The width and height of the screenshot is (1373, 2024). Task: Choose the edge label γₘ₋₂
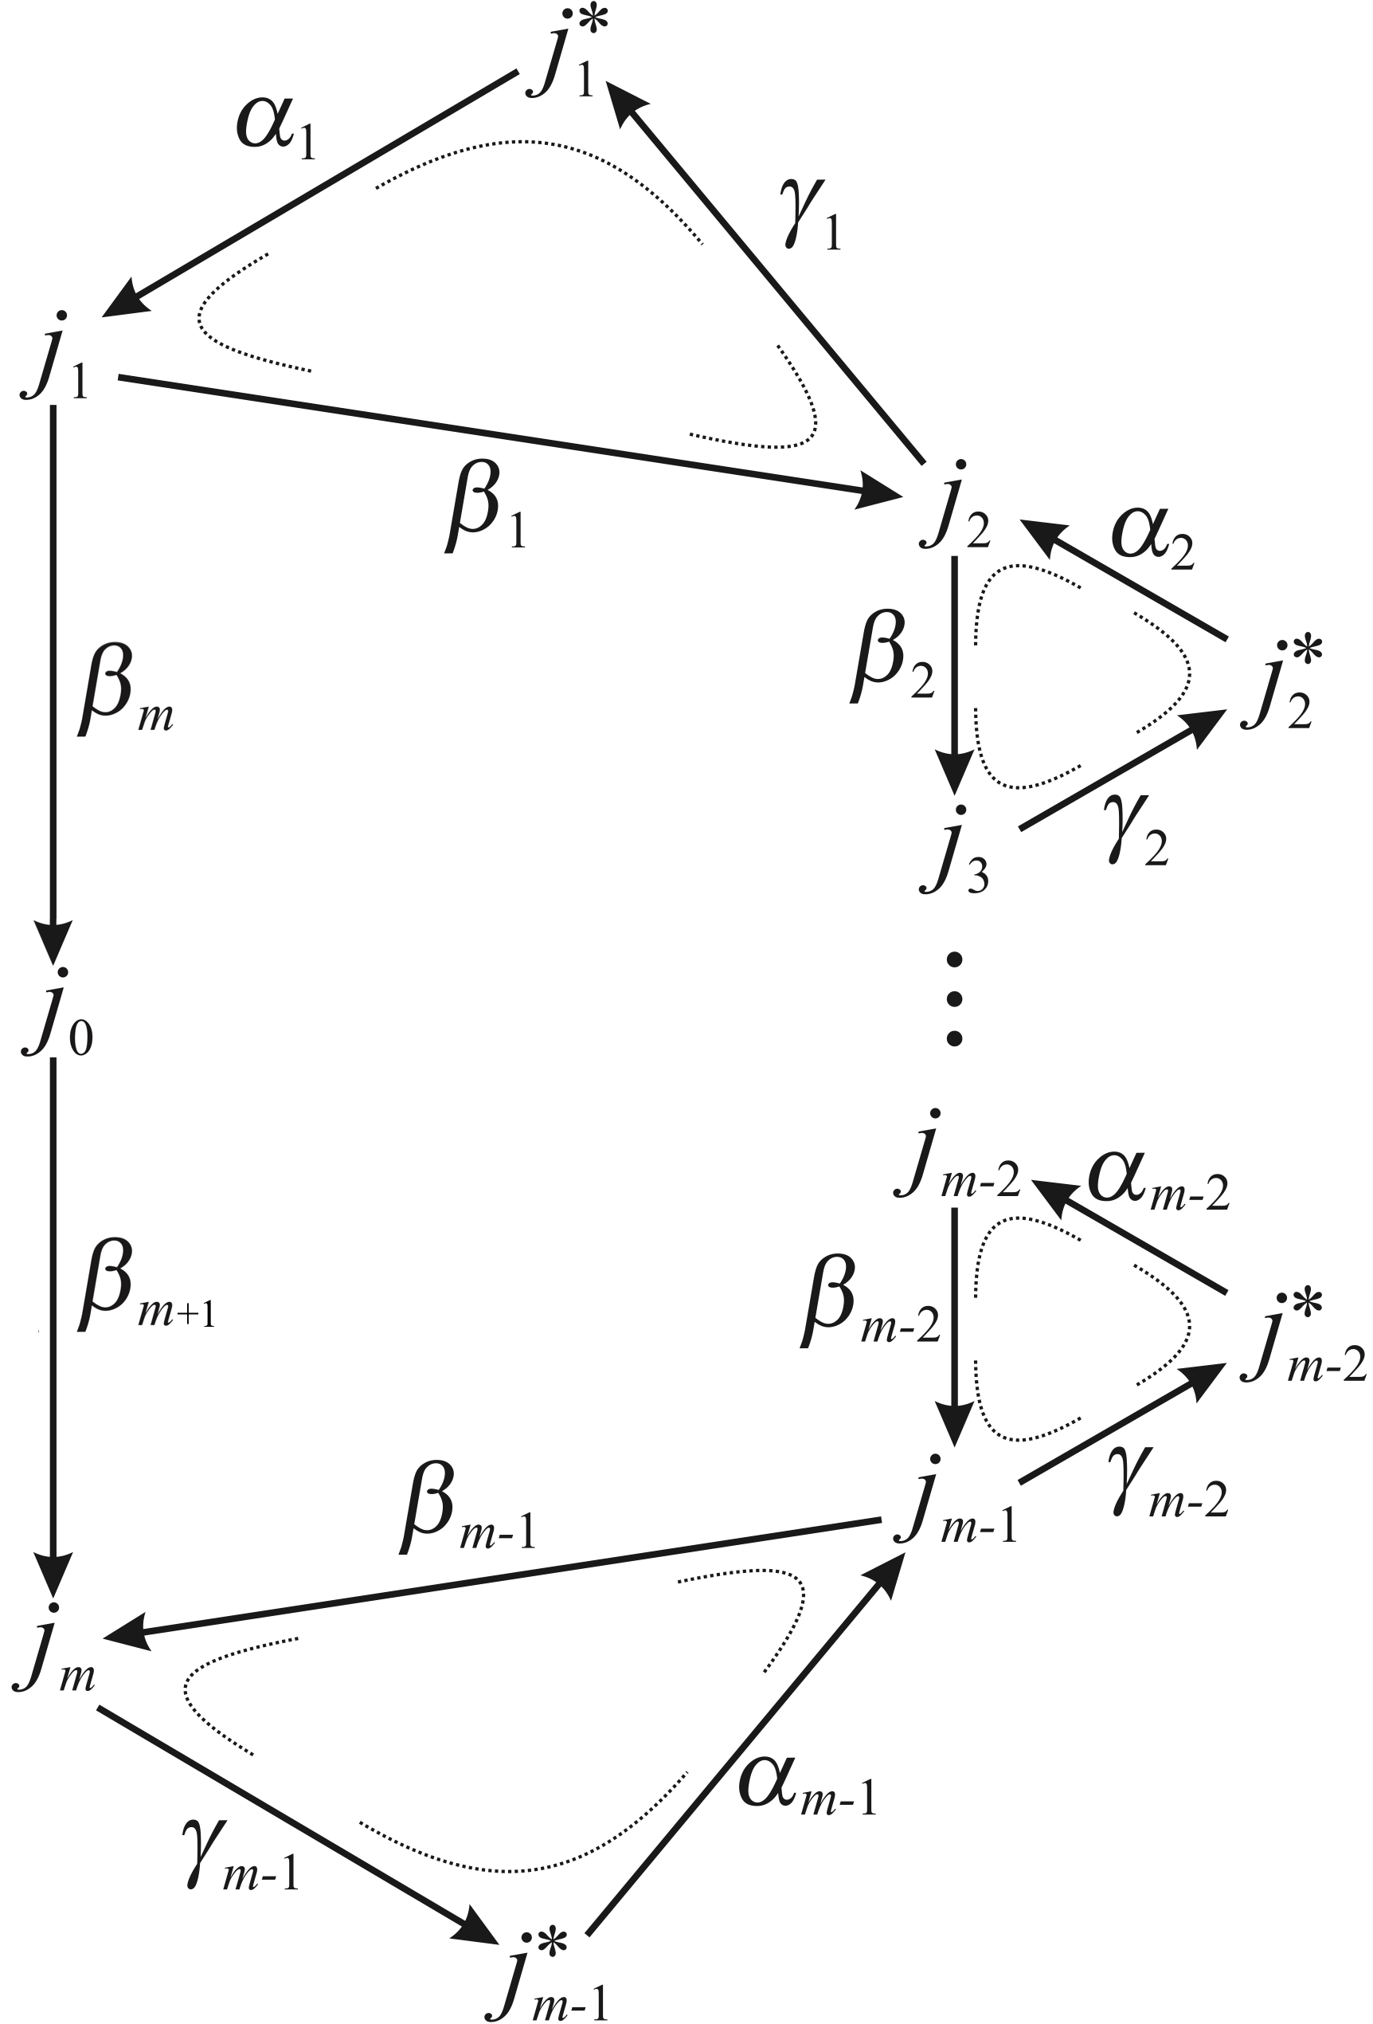1167,1489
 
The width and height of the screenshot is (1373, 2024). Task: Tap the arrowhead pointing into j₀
54,940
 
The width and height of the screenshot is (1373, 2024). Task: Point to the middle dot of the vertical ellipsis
954,998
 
